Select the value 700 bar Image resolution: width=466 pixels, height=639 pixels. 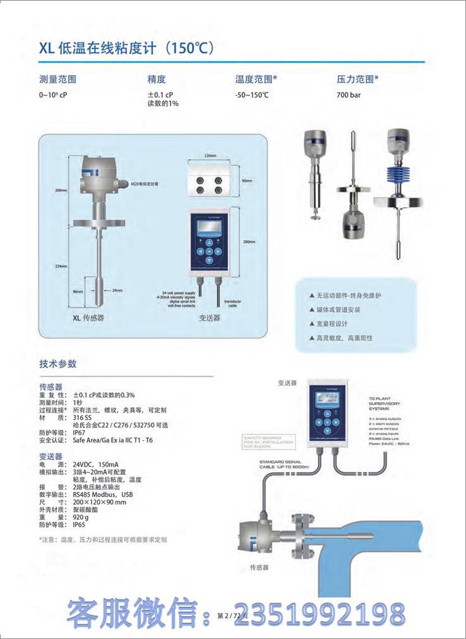point(349,95)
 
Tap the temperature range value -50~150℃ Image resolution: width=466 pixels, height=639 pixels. point(252,95)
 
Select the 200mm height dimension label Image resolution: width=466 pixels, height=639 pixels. point(249,241)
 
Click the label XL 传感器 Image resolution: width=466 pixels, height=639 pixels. point(89,318)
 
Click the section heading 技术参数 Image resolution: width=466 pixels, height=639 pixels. point(58,364)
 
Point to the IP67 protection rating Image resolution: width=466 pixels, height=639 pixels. point(79,433)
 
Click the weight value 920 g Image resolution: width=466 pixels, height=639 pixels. point(82,517)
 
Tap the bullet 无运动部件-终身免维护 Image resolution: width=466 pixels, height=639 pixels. point(345,296)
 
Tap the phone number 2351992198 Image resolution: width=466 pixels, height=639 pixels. point(327,614)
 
